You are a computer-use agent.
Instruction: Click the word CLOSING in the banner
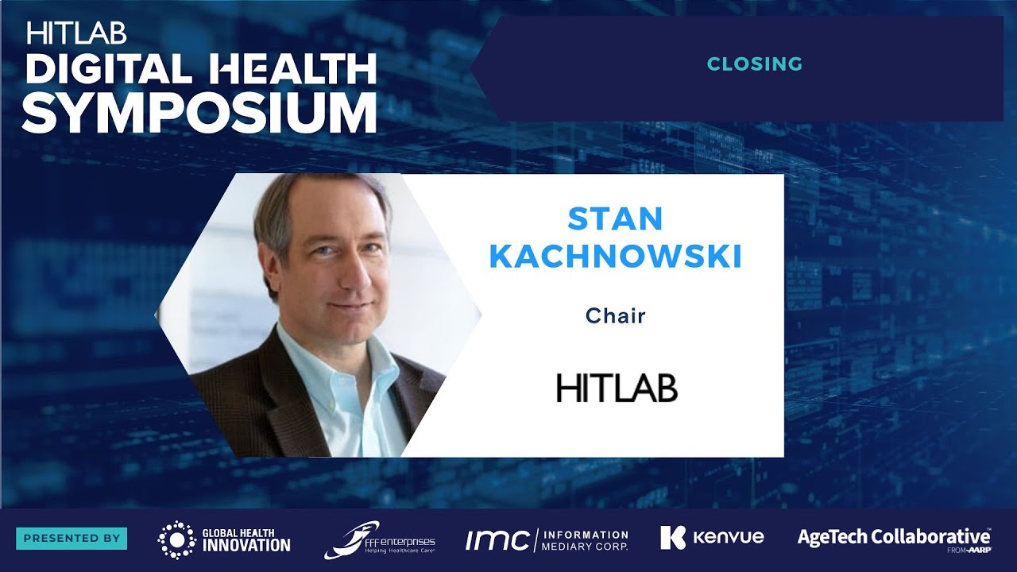click(x=754, y=64)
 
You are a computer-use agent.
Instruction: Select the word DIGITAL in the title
click(x=108, y=71)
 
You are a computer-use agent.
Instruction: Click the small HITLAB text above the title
click(x=76, y=33)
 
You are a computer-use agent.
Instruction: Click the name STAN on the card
click(x=615, y=219)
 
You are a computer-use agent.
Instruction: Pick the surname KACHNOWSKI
click(x=615, y=257)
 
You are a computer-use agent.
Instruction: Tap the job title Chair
click(x=615, y=316)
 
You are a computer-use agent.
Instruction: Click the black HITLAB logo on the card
click(x=617, y=388)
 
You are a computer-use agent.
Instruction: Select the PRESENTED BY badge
click(x=72, y=538)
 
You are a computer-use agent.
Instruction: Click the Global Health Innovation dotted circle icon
click(x=176, y=539)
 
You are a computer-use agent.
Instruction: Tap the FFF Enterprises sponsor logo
click(x=380, y=539)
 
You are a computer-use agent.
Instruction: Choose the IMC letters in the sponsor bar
click(x=497, y=540)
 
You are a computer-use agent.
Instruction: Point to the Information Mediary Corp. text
click(x=584, y=540)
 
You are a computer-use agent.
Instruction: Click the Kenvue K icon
click(x=672, y=538)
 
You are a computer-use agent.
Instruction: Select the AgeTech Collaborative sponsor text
click(x=893, y=537)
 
